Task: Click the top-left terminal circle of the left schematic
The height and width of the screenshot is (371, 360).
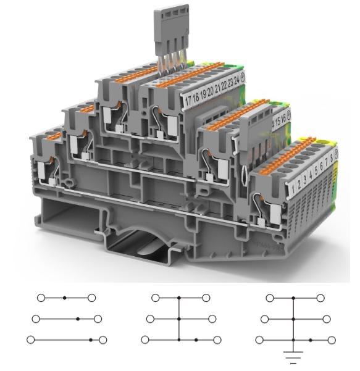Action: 41,298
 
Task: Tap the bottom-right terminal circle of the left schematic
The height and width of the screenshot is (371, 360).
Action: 103,340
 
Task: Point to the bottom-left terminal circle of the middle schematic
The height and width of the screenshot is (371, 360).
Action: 145,340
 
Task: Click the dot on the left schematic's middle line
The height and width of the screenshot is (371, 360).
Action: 78,319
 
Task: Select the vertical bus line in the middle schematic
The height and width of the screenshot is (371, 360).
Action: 178,319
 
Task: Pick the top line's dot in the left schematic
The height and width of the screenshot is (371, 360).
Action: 65,298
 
